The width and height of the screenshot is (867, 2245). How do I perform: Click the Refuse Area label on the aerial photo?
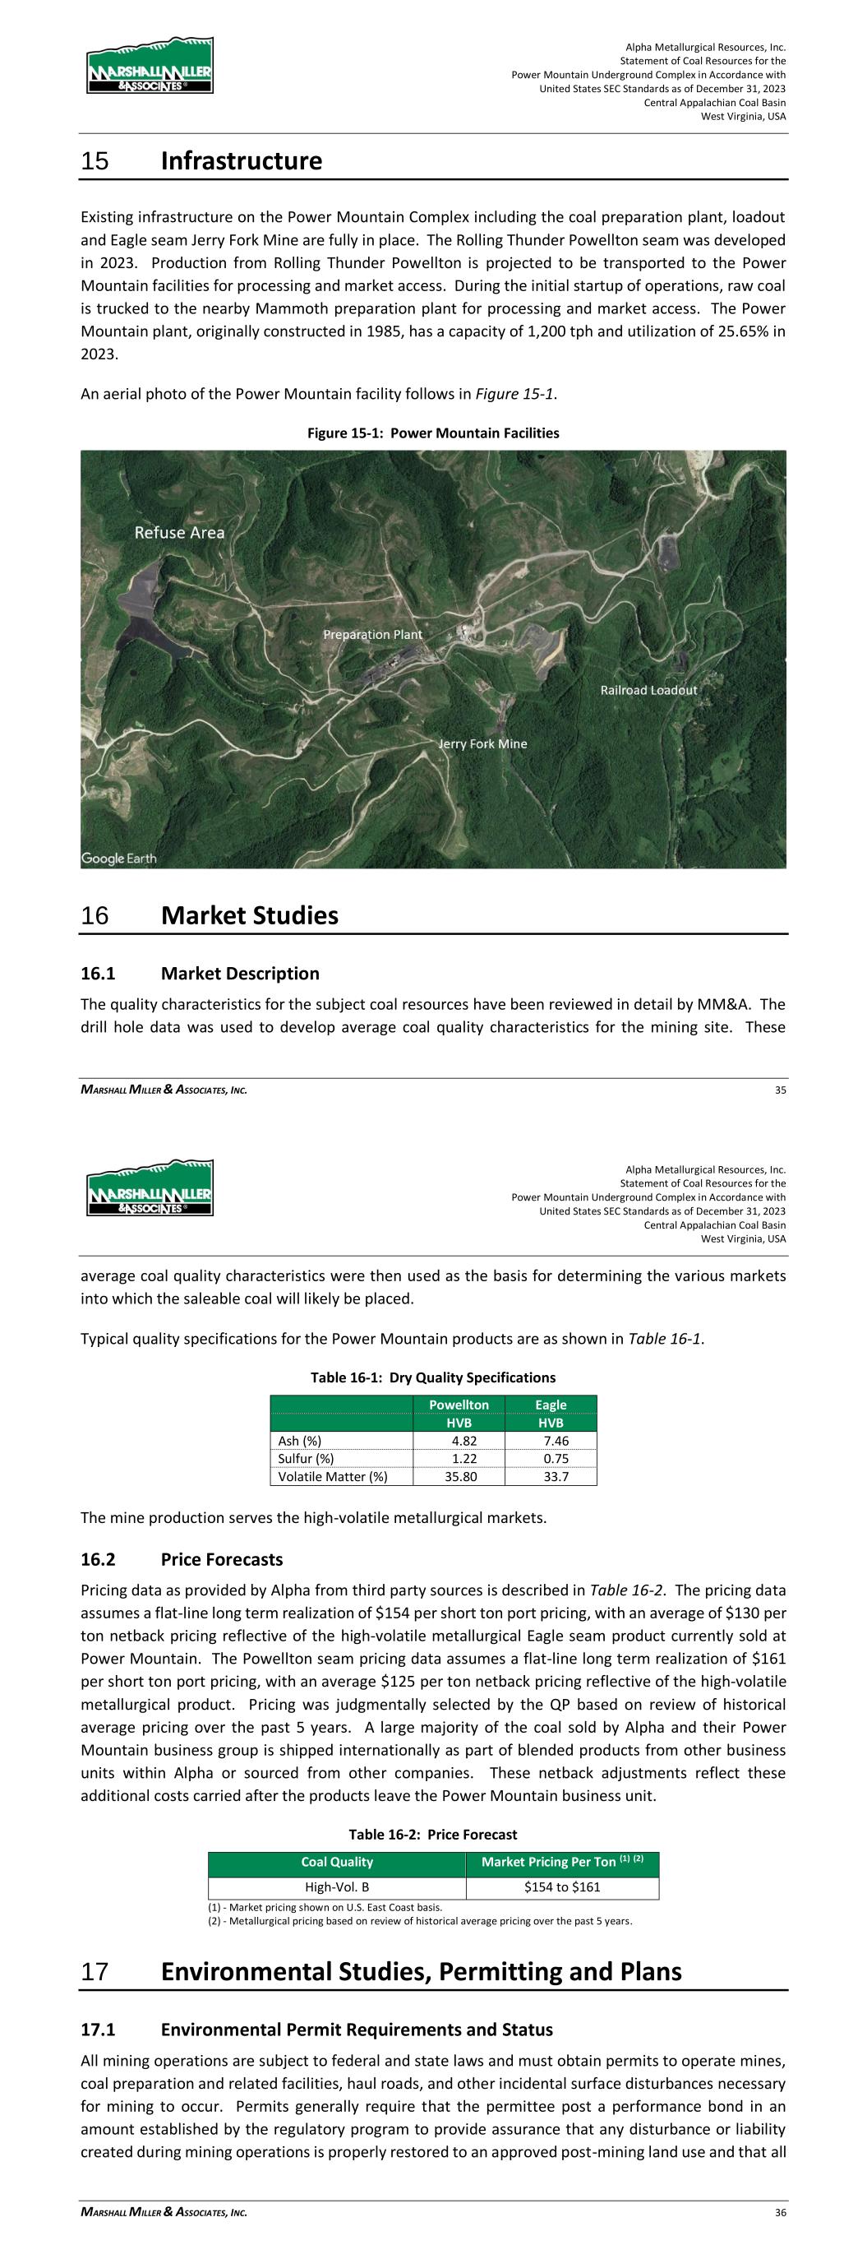coord(179,533)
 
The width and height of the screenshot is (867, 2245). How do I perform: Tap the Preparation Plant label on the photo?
coord(372,635)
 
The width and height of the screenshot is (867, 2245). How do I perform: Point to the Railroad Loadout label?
coord(648,690)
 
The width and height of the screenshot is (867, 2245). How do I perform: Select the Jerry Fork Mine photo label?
coord(482,743)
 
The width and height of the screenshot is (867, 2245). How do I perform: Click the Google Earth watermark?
coord(119,859)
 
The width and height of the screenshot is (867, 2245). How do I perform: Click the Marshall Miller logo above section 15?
coord(150,67)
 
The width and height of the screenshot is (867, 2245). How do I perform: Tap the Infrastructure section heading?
coord(242,161)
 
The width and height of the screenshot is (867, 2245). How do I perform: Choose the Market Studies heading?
coord(249,915)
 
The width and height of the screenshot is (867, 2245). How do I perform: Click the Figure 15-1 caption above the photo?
coord(433,433)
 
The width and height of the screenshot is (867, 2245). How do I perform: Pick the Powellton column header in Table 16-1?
coord(459,1404)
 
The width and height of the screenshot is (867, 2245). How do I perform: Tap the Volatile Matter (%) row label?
coord(332,1476)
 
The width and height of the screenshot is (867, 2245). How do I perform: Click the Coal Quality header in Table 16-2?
coord(336,1862)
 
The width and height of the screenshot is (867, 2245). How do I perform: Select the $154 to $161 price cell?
coord(562,1886)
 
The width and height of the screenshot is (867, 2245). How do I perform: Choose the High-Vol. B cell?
coord(336,1886)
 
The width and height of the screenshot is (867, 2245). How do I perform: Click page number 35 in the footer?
coord(780,1090)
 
